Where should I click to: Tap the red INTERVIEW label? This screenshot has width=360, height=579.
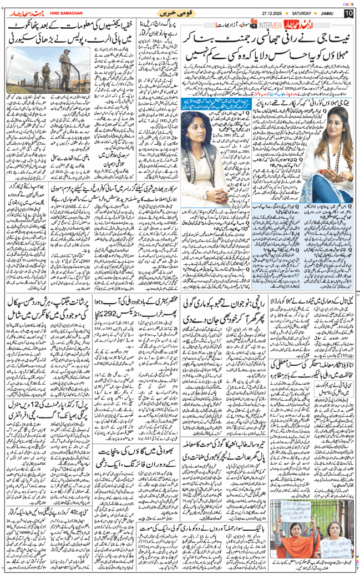[271, 26]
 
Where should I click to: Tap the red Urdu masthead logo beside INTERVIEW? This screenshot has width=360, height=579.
[300, 26]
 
